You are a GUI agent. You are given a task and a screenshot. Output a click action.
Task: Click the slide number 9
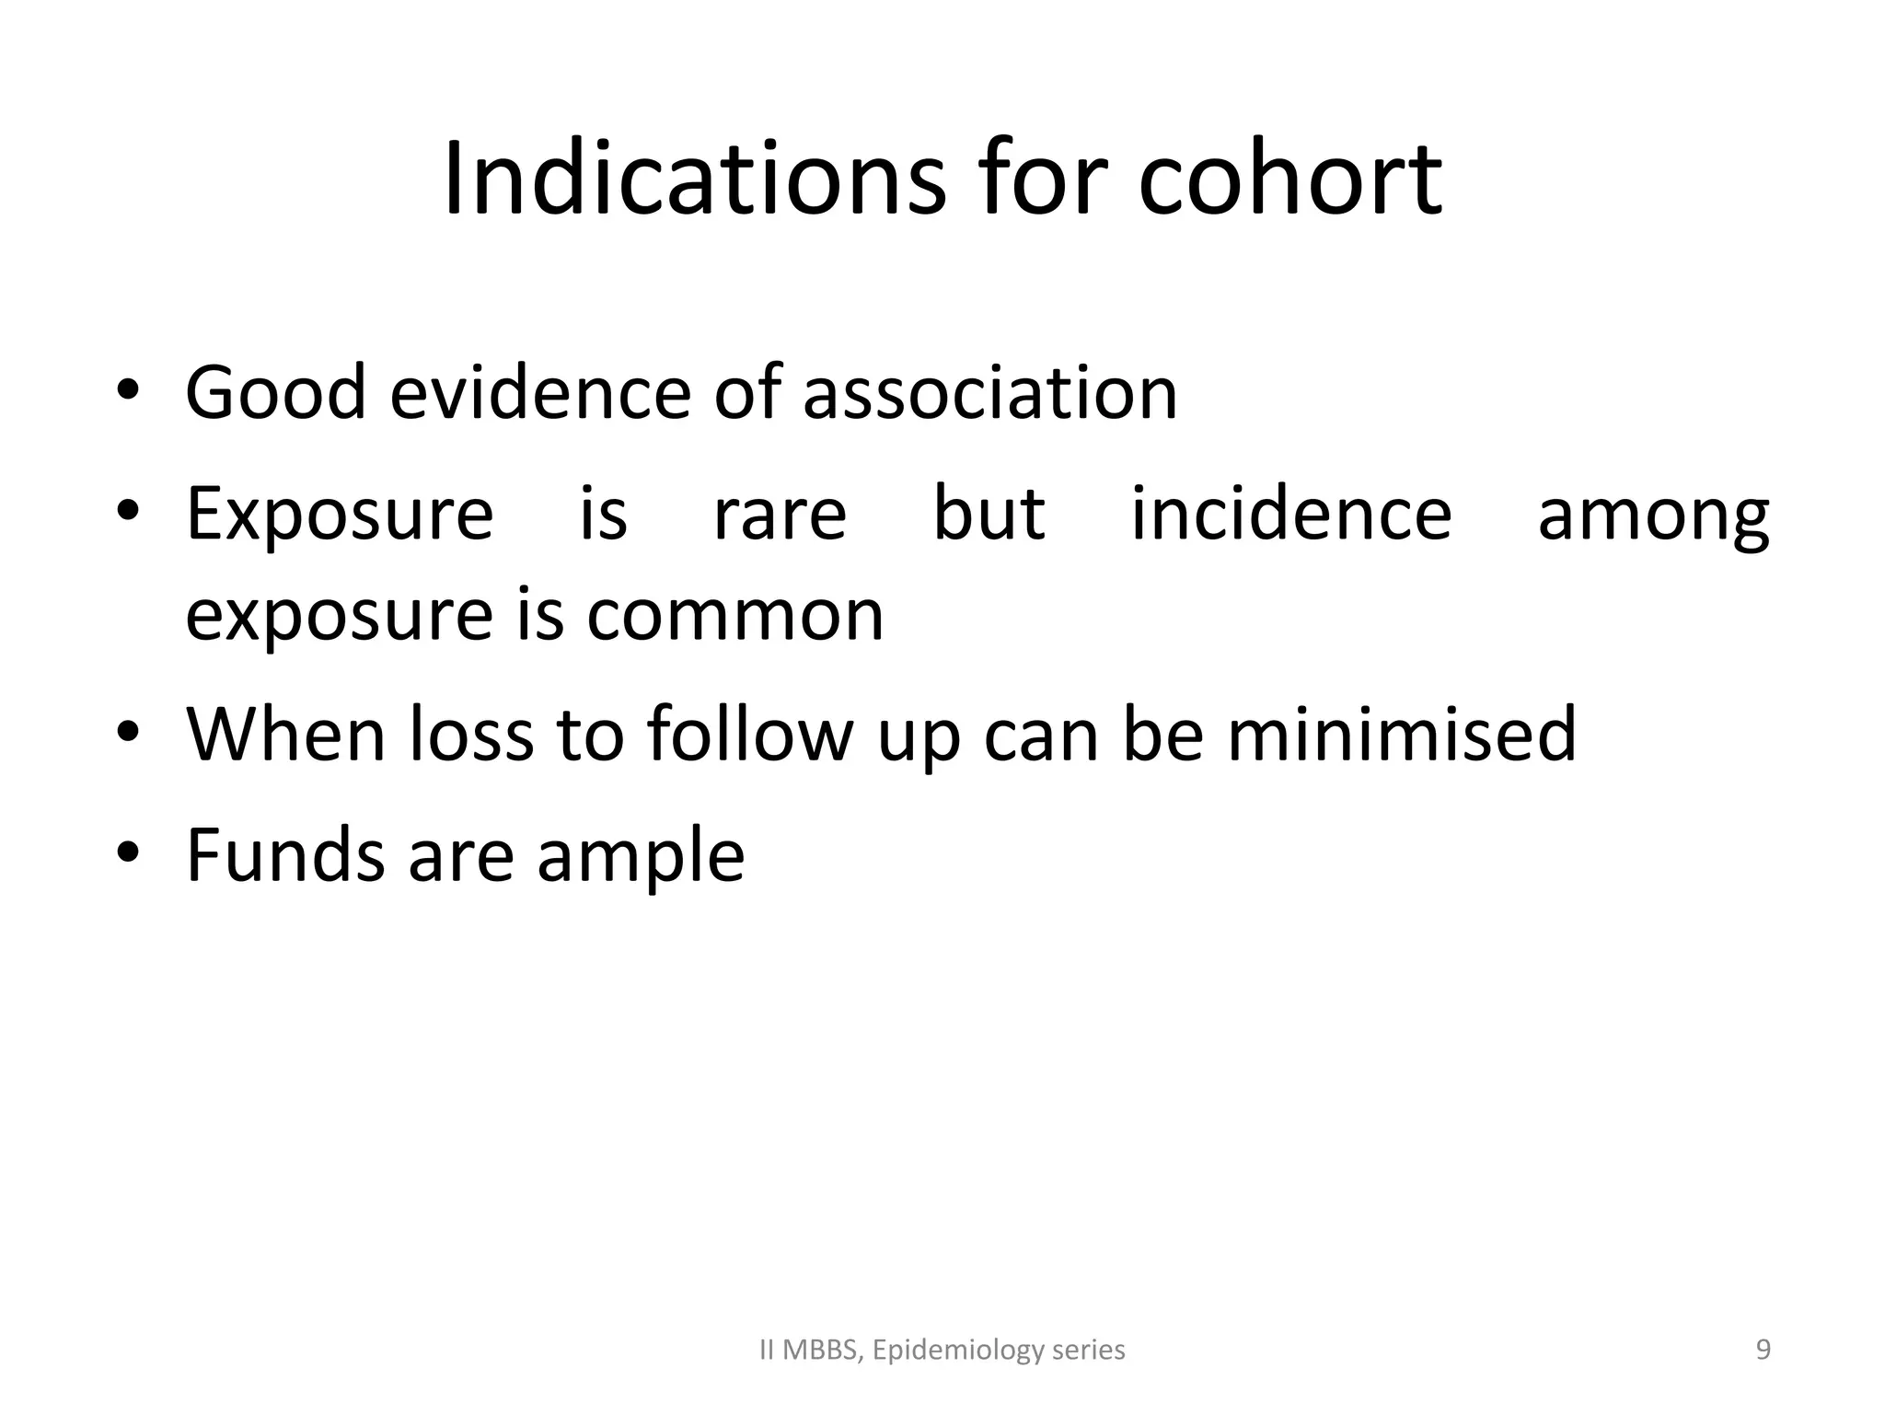click(x=1763, y=1350)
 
